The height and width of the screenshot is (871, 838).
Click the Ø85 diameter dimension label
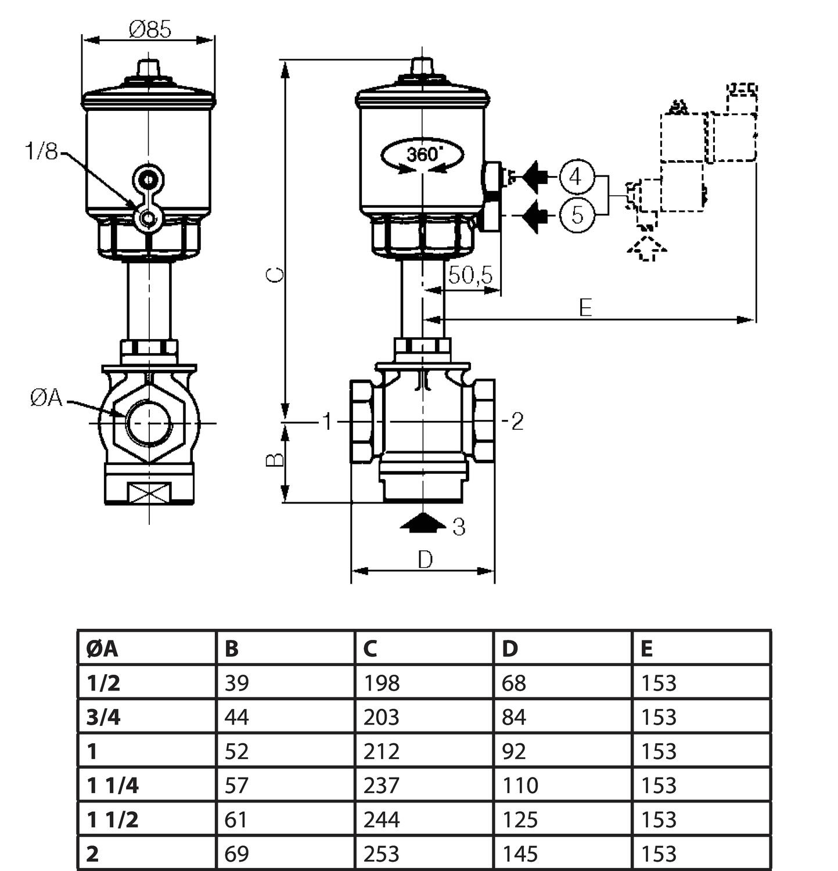pyautogui.click(x=150, y=28)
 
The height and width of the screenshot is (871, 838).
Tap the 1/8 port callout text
pyautogui.click(x=41, y=152)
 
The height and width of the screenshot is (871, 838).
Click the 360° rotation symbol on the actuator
pyautogui.click(x=423, y=155)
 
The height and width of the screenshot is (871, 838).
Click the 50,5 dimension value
pyautogui.click(x=470, y=275)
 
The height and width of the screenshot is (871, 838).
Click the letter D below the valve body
pyautogui.click(x=425, y=560)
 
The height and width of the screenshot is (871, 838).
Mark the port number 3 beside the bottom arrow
pyautogui.click(x=459, y=527)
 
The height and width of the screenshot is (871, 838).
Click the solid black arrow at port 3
pyautogui.click(x=423, y=522)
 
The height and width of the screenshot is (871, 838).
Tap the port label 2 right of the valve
pyautogui.click(x=517, y=421)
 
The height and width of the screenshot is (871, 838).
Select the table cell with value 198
pyautogui.click(x=382, y=683)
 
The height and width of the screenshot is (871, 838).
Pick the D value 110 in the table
pyautogui.click(x=520, y=786)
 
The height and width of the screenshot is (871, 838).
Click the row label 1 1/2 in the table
pyautogui.click(x=113, y=820)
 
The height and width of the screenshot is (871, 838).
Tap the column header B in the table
pyautogui.click(x=231, y=649)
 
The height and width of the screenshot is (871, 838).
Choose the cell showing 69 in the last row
pyautogui.click(x=236, y=854)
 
